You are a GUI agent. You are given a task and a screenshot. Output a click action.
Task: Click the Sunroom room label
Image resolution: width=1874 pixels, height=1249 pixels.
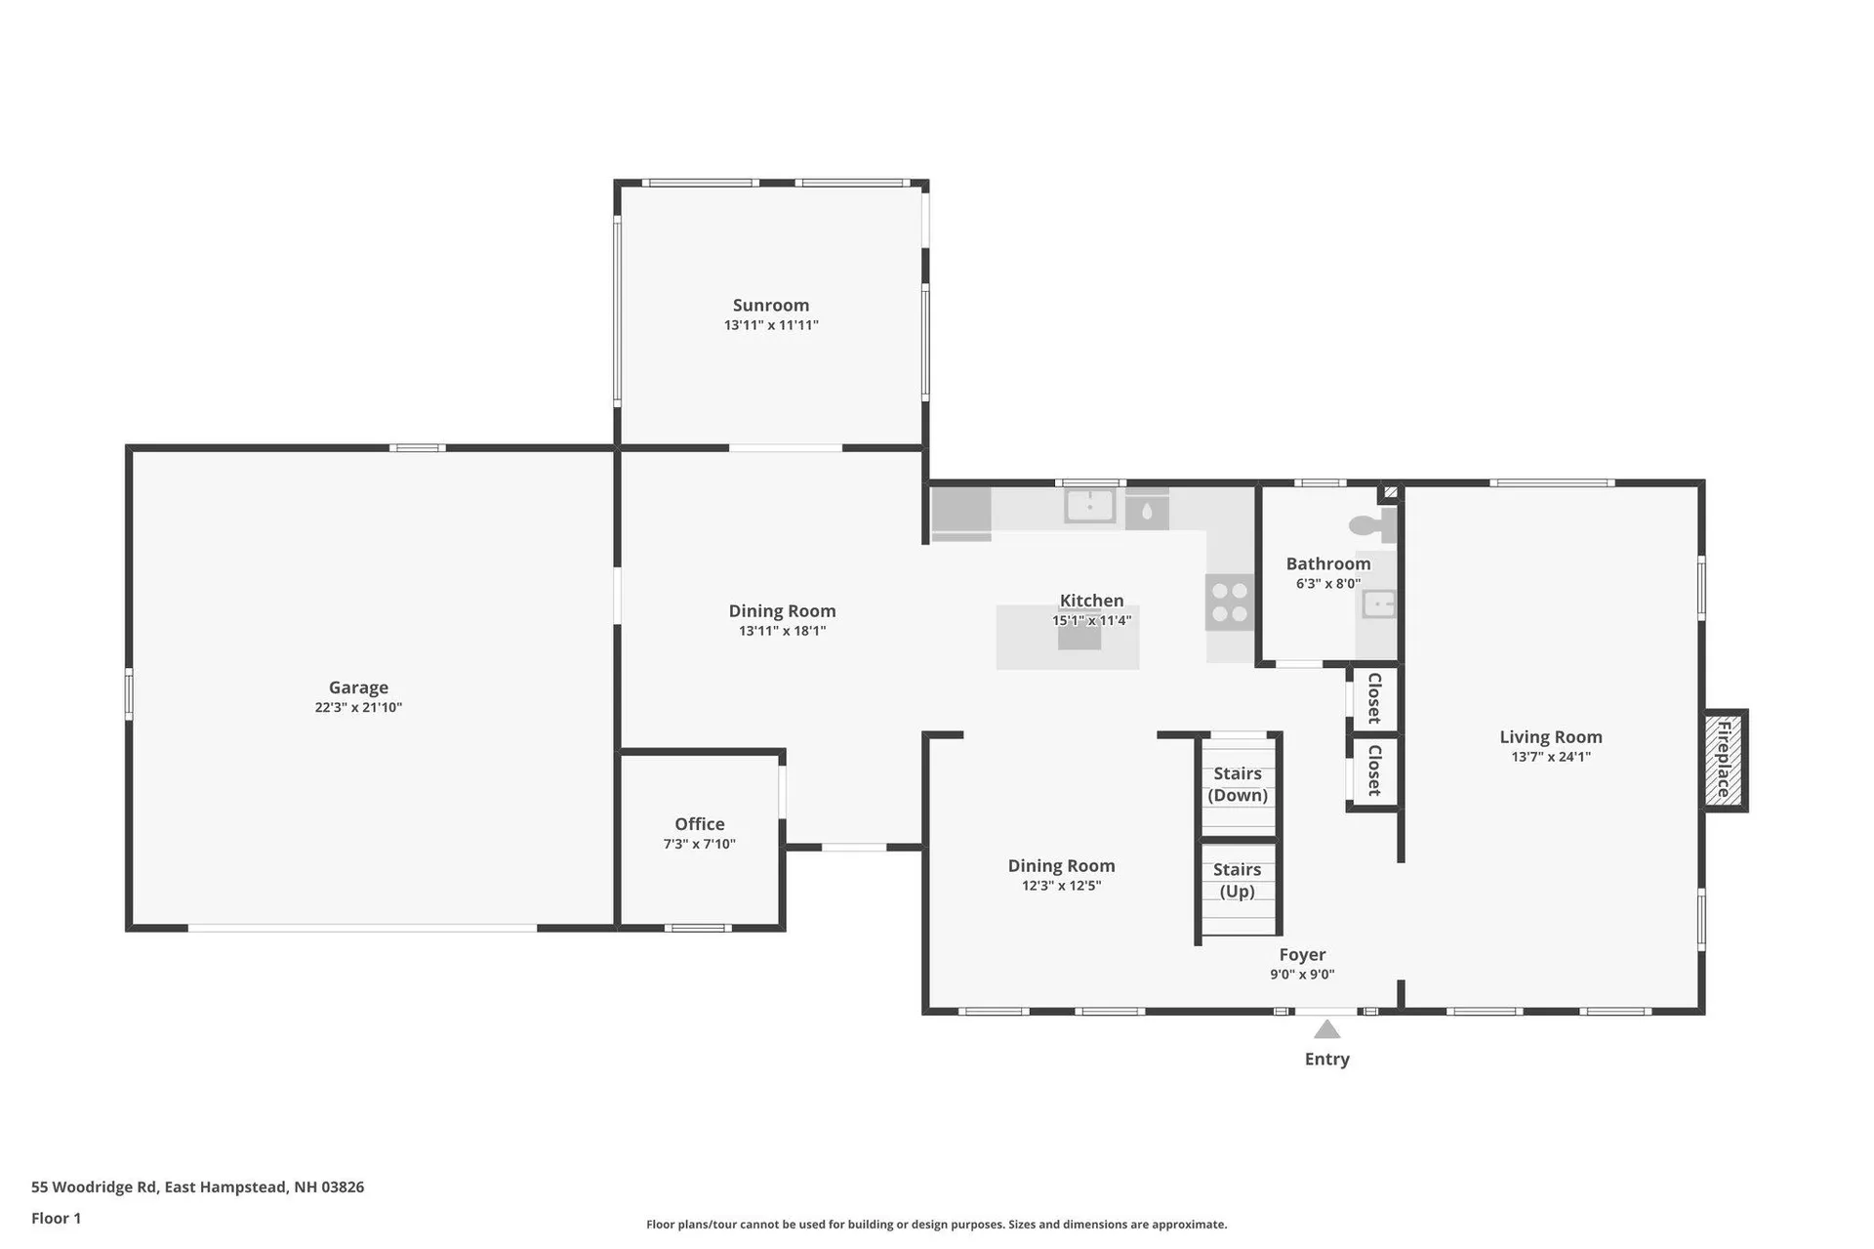click(x=770, y=306)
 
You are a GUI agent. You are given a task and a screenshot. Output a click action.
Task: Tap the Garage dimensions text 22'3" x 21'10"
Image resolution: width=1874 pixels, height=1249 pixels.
click(x=358, y=708)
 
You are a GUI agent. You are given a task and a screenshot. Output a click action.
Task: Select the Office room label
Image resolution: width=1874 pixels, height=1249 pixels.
click(x=699, y=824)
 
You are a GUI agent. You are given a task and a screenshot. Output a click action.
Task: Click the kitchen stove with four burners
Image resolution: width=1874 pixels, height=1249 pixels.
click(x=1229, y=603)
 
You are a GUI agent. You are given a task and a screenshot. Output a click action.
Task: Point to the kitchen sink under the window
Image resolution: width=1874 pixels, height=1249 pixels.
click(x=1089, y=506)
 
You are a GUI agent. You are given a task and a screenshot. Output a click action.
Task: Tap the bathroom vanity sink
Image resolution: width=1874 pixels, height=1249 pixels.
click(x=1378, y=604)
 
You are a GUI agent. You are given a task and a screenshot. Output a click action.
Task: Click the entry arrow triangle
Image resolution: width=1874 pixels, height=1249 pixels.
click(x=1326, y=1029)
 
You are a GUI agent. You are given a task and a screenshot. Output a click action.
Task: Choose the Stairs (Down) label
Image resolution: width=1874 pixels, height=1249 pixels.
click(x=1238, y=784)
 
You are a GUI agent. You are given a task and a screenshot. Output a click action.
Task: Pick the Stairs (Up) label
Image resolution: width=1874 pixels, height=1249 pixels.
click(x=1237, y=880)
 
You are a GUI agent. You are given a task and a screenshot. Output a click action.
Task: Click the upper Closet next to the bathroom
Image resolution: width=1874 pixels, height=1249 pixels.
click(x=1374, y=698)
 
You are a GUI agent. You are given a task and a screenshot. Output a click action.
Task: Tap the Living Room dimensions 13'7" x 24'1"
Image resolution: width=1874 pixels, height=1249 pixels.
click(x=1551, y=757)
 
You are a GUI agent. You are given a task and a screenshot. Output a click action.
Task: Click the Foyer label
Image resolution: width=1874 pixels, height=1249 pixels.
click(x=1302, y=955)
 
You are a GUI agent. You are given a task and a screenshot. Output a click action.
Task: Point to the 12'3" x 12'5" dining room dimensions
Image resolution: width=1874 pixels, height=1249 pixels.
click(x=1061, y=887)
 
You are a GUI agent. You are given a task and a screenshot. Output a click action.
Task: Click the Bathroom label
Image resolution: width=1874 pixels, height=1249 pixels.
click(x=1327, y=563)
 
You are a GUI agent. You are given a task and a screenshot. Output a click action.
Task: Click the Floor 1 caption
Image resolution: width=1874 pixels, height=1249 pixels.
click(x=57, y=1218)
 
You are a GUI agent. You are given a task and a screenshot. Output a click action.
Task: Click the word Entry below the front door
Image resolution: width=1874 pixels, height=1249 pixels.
click(x=1326, y=1060)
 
